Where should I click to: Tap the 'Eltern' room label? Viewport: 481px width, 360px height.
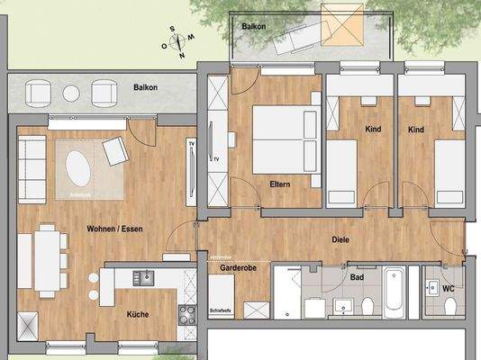(279, 184)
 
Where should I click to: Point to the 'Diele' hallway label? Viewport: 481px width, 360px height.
(340, 239)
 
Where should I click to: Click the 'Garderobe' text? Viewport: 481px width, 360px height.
(238, 267)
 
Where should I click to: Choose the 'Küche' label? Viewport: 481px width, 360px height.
(139, 314)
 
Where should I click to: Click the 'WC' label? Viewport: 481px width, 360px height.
(447, 289)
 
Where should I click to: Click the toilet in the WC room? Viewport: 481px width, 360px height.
(448, 307)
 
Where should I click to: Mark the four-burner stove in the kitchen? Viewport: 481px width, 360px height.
(187, 314)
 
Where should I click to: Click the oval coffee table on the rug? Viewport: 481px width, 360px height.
(78, 167)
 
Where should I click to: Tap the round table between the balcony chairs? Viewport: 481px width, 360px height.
(71, 92)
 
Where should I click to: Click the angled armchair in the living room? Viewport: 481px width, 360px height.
(115, 151)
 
